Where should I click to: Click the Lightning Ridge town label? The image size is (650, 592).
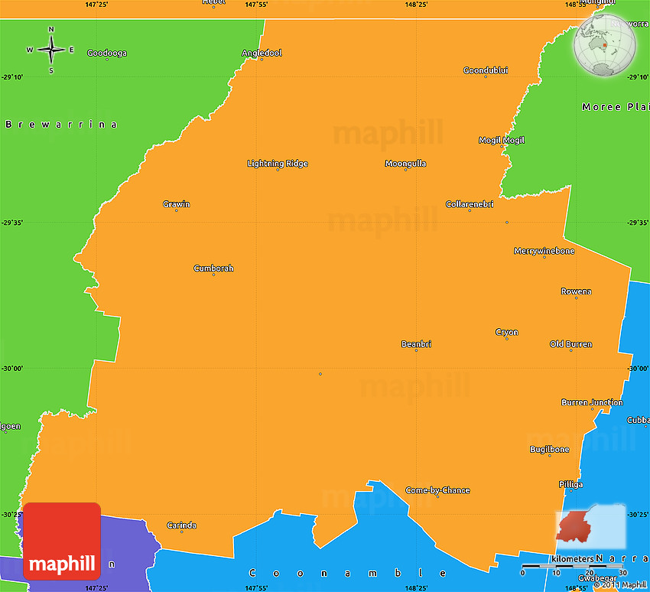point(278,164)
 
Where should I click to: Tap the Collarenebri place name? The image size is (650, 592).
point(470,204)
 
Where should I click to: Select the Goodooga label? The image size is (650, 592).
point(107,54)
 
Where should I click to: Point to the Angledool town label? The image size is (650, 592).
point(262,53)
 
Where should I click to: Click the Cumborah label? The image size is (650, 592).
point(213,268)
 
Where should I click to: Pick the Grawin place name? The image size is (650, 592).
point(177,204)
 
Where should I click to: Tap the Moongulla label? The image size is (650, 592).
point(405,164)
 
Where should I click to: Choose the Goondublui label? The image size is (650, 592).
point(486,70)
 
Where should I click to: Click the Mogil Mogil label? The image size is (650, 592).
point(502,141)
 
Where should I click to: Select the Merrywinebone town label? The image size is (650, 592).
point(544,251)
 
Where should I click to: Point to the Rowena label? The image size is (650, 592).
point(576,291)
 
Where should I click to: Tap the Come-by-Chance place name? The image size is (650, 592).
point(437,490)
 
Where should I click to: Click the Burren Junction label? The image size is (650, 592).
point(592,402)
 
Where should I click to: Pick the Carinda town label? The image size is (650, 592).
point(182,525)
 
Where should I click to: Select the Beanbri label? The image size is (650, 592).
point(416,344)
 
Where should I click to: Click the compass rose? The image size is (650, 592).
point(51,50)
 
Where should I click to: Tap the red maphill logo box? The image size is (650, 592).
point(62,541)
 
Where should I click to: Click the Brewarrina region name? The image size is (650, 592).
point(62,124)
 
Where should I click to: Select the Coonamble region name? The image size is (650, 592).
point(348,572)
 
